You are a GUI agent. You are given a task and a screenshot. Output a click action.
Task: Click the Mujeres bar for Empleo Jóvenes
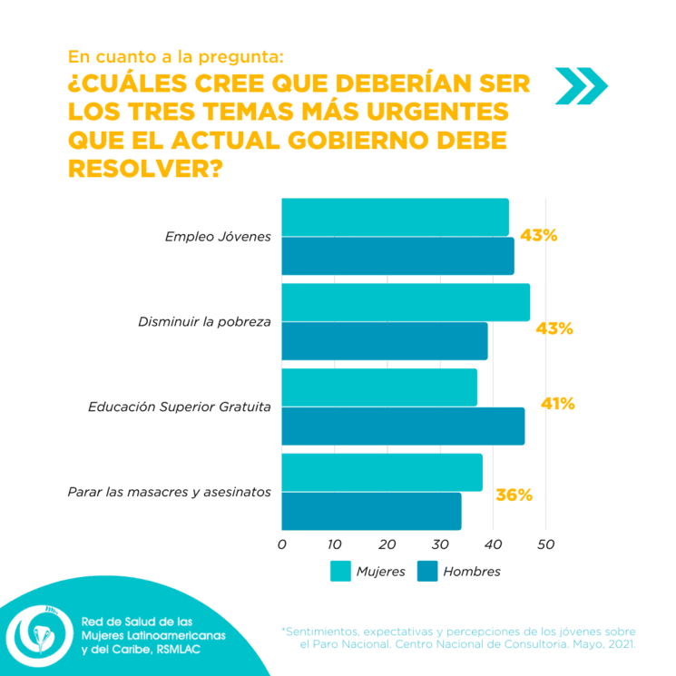tap(395, 217)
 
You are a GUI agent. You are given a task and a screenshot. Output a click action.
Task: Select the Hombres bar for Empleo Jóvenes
tap(397, 256)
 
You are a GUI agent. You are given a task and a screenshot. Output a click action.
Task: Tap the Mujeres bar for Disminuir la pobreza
tap(406, 302)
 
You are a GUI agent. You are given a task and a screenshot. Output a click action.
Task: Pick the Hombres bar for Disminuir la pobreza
tap(385, 341)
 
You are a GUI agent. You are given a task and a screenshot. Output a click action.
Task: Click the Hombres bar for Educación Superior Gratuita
tap(403, 426)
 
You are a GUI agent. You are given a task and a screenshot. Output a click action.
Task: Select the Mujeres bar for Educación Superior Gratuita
tap(379, 387)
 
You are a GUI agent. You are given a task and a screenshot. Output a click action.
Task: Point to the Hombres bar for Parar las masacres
tap(371, 512)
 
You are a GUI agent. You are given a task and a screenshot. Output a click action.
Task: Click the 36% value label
tap(514, 495)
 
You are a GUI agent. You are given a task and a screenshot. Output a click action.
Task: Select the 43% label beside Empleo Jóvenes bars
tap(538, 236)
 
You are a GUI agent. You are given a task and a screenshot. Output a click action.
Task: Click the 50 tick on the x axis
tap(545, 544)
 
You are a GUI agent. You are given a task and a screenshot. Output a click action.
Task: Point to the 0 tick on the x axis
tap(281, 544)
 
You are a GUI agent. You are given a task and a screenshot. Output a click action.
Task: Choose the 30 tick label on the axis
tap(440, 544)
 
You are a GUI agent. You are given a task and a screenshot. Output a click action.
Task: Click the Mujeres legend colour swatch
tap(340, 571)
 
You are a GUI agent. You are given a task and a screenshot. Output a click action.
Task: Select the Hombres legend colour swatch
tap(427, 571)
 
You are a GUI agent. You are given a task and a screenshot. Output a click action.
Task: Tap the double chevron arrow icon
tap(581, 86)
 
